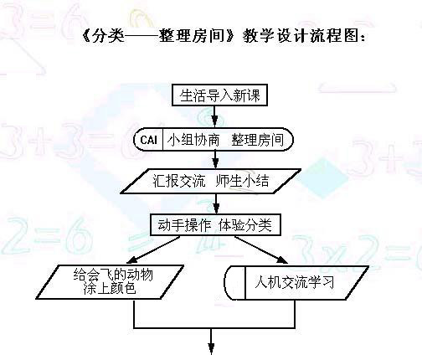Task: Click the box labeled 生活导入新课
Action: tap(219, 95)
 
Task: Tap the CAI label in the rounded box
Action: tap(148, 140)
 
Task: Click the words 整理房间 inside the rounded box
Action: tap(257, 140)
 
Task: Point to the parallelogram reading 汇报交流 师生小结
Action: tap(211, 181)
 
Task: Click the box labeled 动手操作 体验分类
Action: tap(215, 225)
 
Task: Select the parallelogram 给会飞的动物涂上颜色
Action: tap(110, 282)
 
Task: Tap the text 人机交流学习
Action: tap(295, 282)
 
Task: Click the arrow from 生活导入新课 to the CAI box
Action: tap(214, 116)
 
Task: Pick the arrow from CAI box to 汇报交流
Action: tap(215, 159)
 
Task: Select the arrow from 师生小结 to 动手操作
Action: tap(216, 204)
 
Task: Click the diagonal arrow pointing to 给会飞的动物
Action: tap(153, 250)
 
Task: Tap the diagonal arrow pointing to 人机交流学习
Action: tap(261, 250)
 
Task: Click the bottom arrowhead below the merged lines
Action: tap(211, 348)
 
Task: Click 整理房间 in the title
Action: tap(193, 36)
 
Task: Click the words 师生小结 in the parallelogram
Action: tap(242, 181)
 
